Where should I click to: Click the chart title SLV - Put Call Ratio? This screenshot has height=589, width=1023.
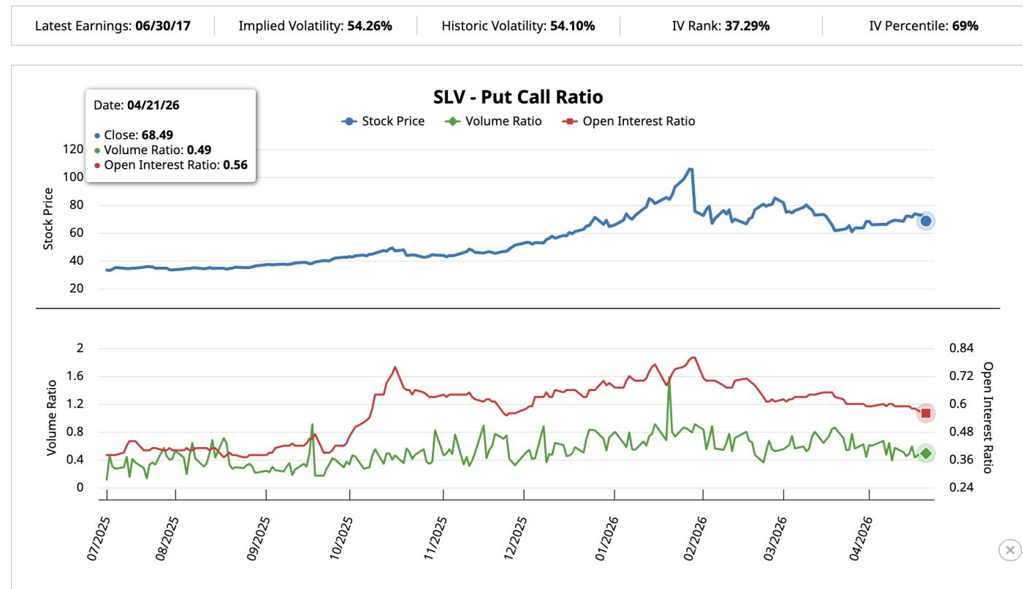[x=518, y=97]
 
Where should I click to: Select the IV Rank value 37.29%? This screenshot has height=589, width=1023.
[x=748, y=26]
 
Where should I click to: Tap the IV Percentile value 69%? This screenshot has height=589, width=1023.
[x=965, y=26]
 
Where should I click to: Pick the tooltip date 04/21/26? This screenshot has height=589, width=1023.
[x=153, y=105]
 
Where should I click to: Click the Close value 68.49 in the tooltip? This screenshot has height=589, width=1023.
[x=156, y=135]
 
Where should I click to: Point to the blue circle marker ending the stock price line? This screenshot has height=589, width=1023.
[x=926, y=221]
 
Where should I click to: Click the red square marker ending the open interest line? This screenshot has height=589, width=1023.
[x=926, y=413]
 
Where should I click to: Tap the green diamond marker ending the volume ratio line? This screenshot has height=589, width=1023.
[x=926, y=453]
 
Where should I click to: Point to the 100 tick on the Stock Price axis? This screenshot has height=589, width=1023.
[x=73, y=177]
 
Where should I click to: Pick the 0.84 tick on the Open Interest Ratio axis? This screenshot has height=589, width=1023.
[x=962, y=349]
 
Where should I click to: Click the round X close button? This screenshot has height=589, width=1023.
[x=1009, y=550]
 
